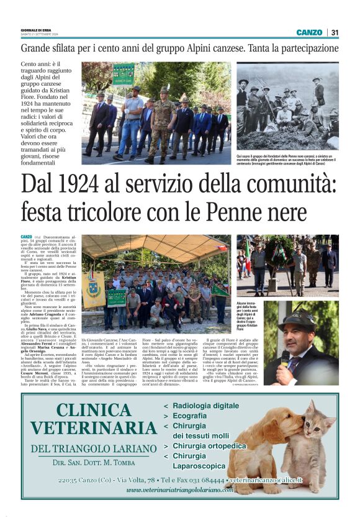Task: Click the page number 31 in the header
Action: coord(335,32)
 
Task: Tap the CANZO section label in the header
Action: coord(308,32)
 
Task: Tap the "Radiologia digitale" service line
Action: coord(204,406)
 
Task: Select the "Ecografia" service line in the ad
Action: coord(189,416)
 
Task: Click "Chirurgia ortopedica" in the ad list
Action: coord(209,445)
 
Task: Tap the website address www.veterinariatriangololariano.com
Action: coord(180,489)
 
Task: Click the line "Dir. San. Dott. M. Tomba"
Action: coord(93,463)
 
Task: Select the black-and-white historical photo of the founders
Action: coord(287,106)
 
